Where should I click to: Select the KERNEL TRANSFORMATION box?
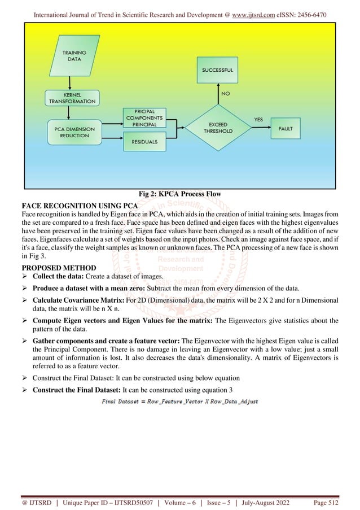coord(72,98)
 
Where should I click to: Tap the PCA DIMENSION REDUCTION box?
coord(72,133)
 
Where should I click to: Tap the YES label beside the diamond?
coord(258,120)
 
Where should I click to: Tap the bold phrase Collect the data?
coord(59,276)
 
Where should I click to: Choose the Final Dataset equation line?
coord(179,402)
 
